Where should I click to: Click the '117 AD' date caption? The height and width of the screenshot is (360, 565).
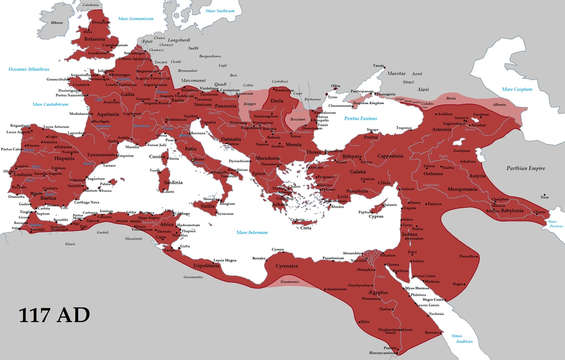click(54, 315)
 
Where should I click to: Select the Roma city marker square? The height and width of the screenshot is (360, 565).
click(193, 160)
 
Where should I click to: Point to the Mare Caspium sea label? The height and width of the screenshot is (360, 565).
click(517, 89)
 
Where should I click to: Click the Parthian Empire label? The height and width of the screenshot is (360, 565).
click(525, 168)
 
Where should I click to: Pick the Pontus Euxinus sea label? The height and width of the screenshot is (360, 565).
click(361, 118)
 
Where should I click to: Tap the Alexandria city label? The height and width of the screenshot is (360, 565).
click(352, 253)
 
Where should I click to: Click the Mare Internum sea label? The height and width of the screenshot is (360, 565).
click(251, 232)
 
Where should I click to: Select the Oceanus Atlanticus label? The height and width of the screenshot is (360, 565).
click(29, 69)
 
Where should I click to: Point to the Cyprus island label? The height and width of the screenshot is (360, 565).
click(376, 217)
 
